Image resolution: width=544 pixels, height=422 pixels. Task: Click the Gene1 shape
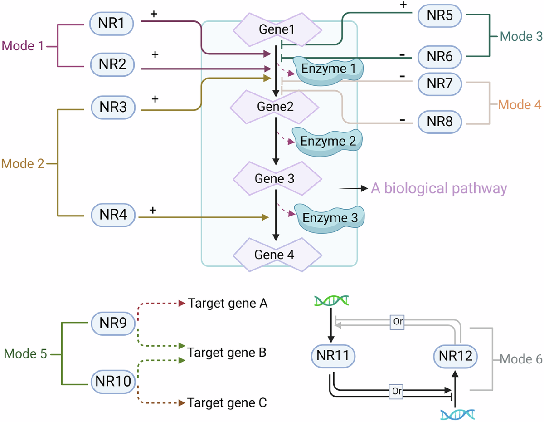click(277, 29)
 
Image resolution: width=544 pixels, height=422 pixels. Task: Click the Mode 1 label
click(23, 46)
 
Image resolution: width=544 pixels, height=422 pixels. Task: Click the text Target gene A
click(228, 303)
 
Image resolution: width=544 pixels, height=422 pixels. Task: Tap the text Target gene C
click(227, 402)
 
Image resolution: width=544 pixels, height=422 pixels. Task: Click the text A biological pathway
click(438, 188)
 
